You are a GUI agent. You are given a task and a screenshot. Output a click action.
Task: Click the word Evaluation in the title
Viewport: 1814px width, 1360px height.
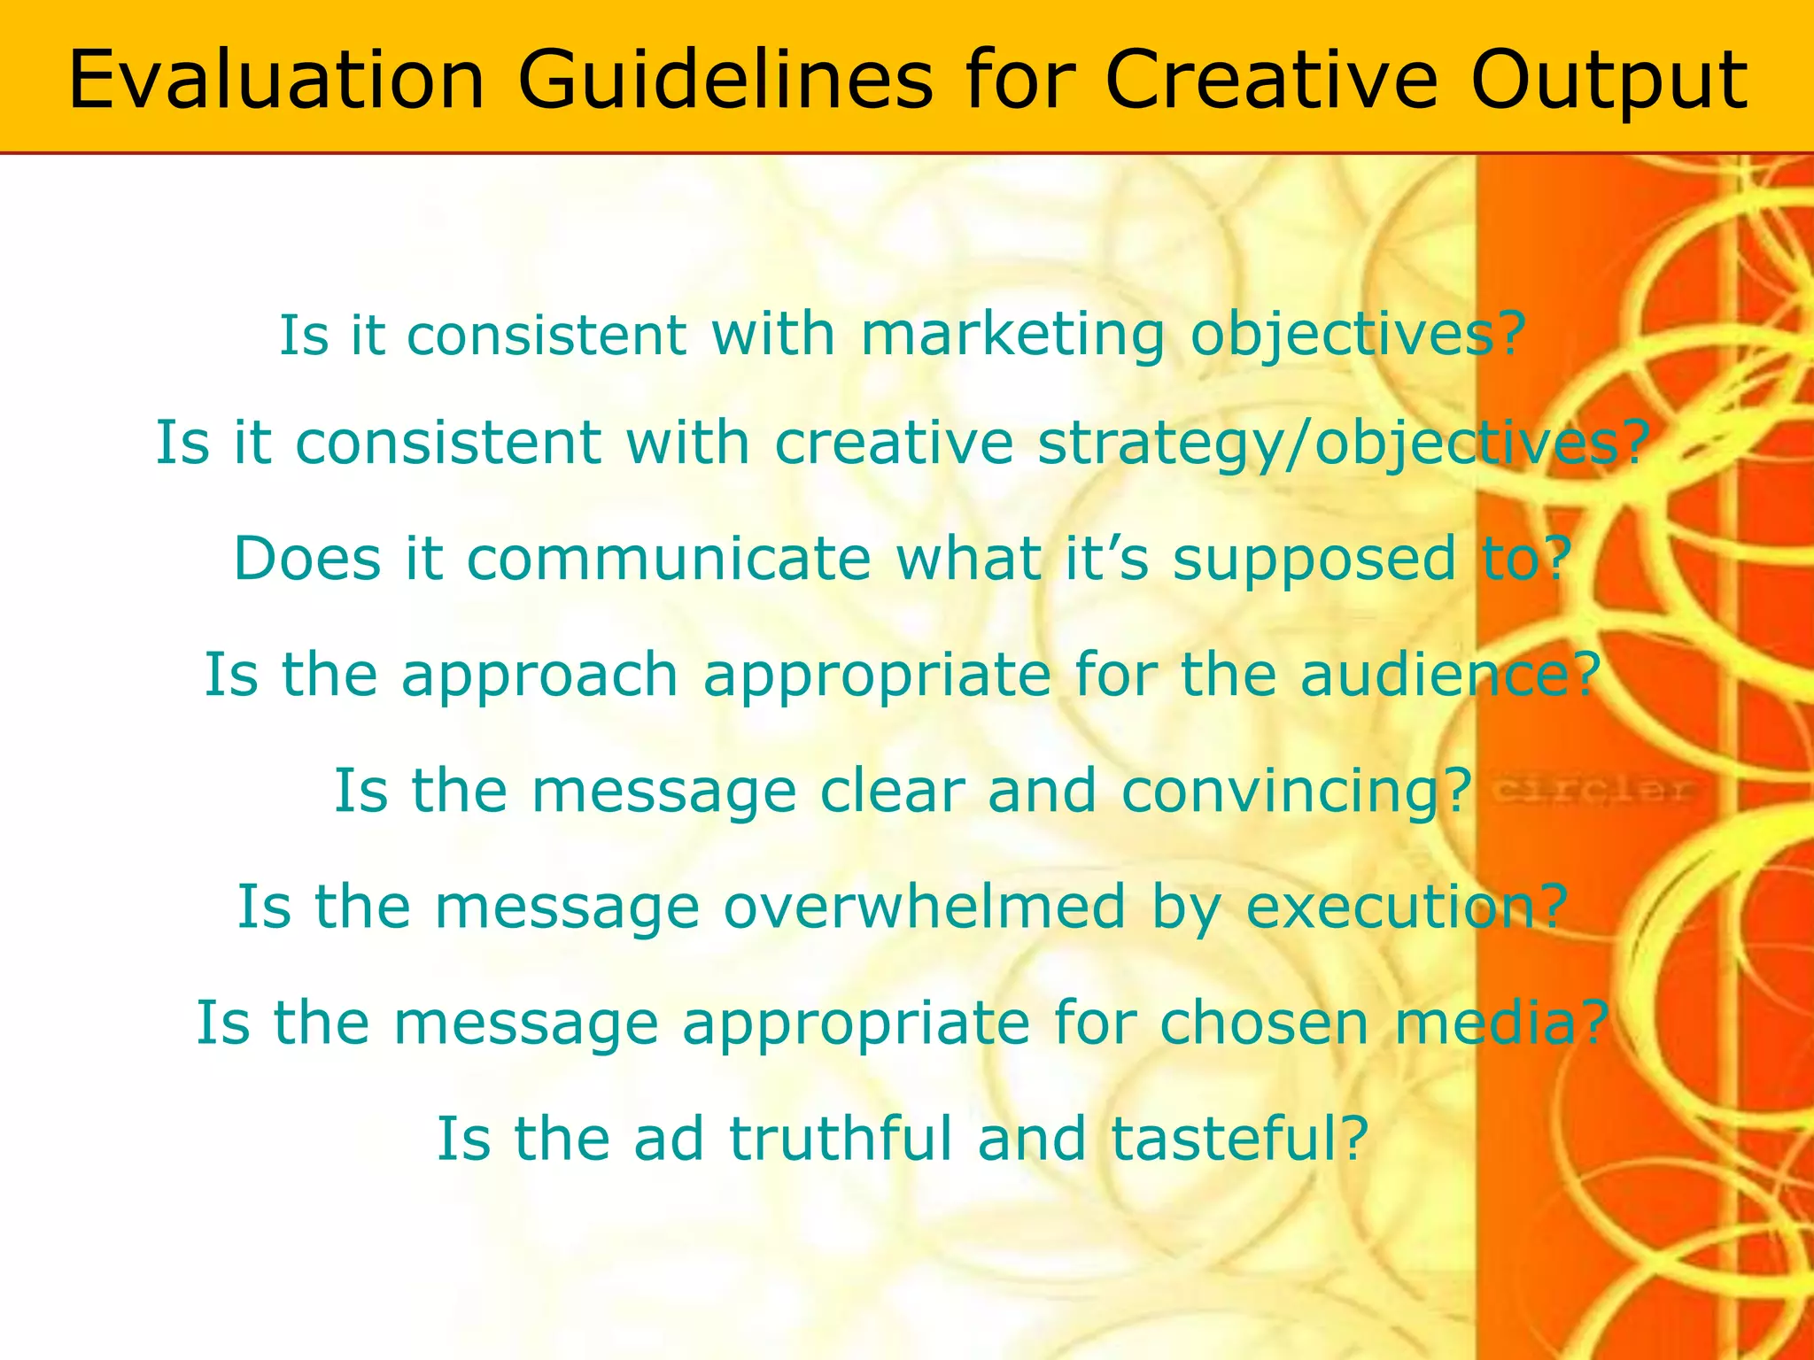[x=276, y=81]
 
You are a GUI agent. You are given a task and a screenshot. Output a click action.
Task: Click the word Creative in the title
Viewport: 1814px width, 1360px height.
[x=1274, y=81]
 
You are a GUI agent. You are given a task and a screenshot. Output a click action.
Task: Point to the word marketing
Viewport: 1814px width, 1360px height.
[x=1012, y=336]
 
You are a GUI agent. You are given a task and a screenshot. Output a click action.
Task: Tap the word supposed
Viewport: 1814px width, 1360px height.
[x=1315, y=560]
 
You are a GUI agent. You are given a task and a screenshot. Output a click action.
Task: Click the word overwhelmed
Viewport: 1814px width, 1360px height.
[x=925, y=907]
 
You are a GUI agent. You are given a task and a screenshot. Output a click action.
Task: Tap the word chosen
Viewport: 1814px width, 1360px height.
[x=1264, y=1023]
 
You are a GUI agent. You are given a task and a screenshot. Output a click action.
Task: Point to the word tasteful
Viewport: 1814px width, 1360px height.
[x=1239, y=1139]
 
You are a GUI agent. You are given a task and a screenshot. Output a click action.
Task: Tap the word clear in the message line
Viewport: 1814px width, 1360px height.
[x=892, y=791]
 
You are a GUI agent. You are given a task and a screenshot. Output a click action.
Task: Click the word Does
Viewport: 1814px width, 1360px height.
[x=307, y=560]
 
